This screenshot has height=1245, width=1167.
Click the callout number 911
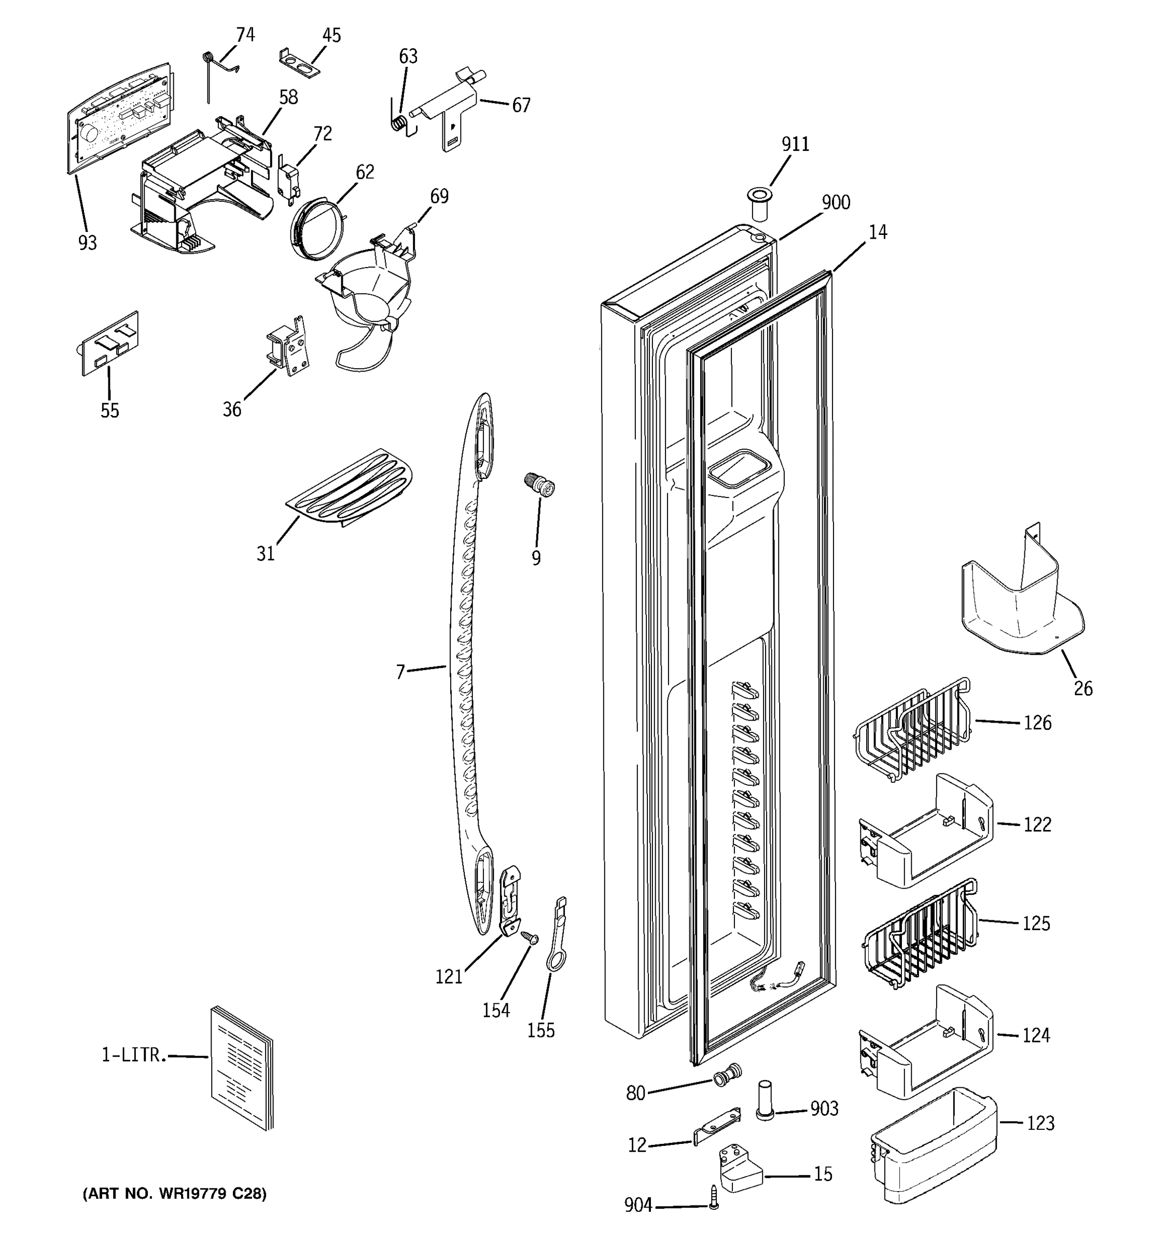coord(795,145)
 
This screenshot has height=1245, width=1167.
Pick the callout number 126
coord(1037,723)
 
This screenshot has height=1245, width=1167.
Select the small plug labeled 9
coord(539,486)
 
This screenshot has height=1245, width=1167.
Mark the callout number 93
coord(88,242)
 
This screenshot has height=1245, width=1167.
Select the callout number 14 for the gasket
coord(878,233)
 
